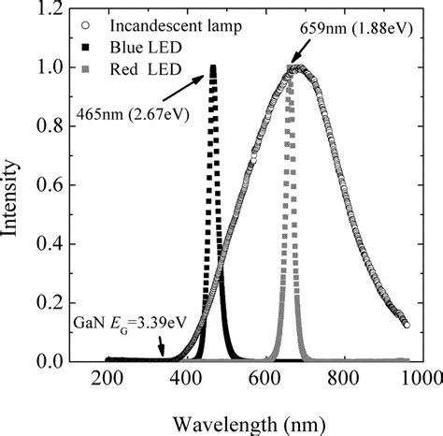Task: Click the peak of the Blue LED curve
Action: click(213, 67)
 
